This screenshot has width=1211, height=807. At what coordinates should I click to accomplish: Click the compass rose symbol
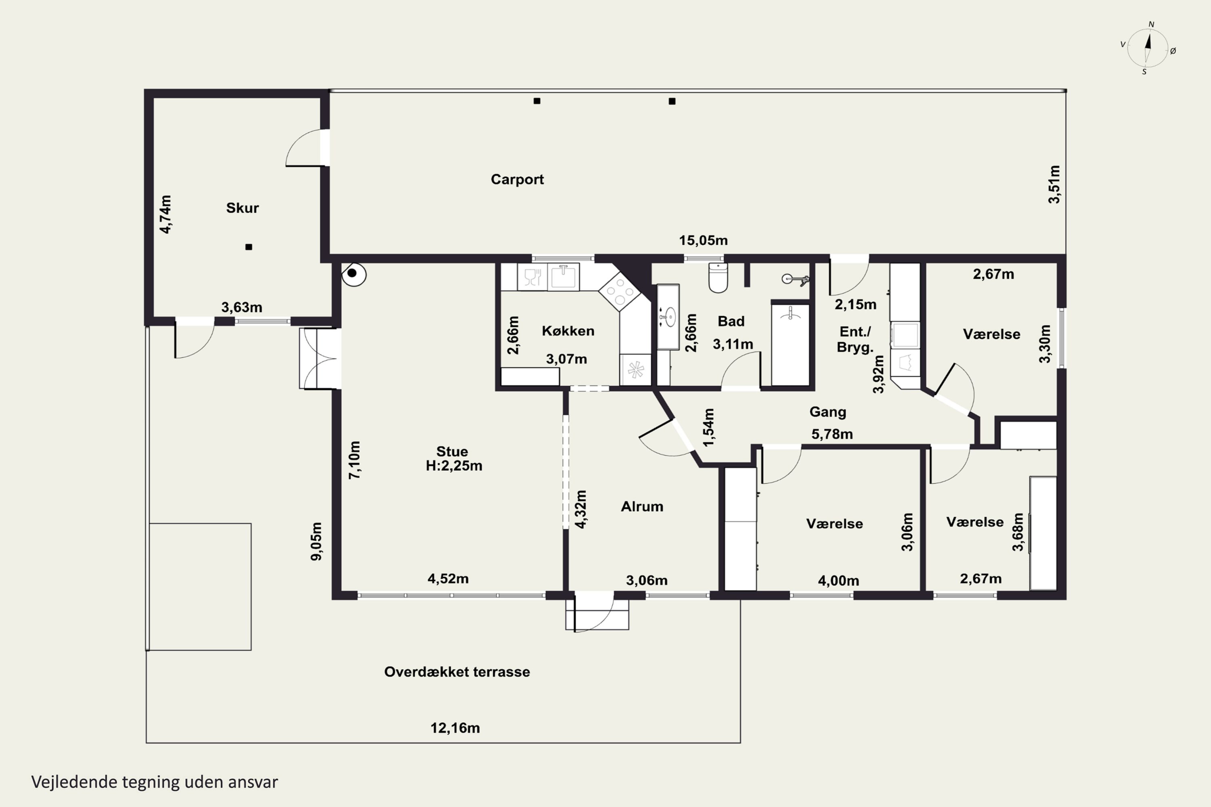[x=1148, y=48]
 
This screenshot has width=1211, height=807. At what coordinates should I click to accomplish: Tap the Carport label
[x=517, y=179]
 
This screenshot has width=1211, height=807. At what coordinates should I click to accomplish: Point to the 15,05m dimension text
[x=703, y=240]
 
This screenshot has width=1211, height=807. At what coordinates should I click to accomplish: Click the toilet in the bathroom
[x=718, y=278]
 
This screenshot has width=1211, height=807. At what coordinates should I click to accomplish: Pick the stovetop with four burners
[x=619, y=292]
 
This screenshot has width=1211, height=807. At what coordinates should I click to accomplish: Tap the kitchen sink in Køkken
[x=563, y=276]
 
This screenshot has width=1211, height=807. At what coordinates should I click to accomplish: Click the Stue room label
[x=452, y=452]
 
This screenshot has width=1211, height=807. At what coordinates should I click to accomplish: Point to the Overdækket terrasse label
[x=457, y=672]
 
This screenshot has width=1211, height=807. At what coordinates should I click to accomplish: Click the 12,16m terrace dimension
[x=455, y=728]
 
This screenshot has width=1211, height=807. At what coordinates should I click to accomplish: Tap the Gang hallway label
[x=828, y=412]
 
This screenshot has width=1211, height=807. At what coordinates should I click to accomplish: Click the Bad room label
[x=731, y=321]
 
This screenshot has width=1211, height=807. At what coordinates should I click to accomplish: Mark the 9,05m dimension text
[x=316, y=541]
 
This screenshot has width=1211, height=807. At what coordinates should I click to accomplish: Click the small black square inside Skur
[x=249, y=247]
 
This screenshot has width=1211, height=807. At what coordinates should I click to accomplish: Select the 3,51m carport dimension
[x=1054, y=184]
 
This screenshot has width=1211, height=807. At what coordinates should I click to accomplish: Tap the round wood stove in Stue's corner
[x=354, y=274]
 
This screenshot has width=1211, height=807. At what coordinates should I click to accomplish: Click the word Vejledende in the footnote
[x=74, y=782]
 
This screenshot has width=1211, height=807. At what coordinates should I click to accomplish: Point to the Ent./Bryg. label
[x=855, y=339]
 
